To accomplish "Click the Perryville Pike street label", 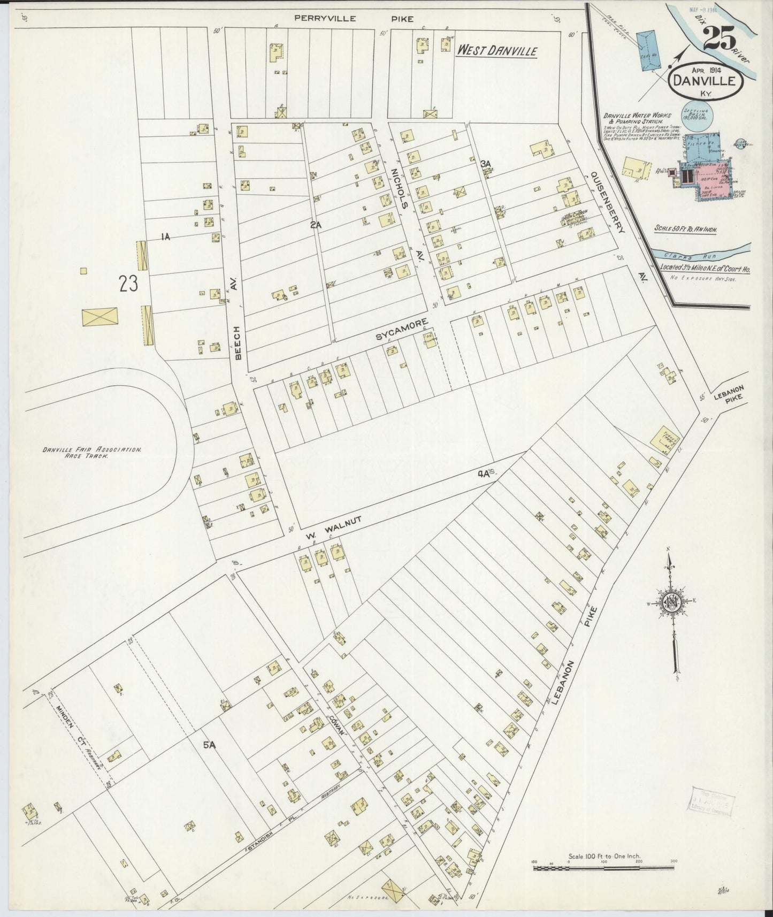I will coord(354,19).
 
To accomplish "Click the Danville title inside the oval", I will coord(706,82).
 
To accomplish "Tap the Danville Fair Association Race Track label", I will coord(92,454).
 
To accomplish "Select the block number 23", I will coord(128,284).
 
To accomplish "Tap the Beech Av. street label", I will coord(236,316).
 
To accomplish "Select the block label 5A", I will coord(208,744).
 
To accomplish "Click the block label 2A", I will coord(315,225).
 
